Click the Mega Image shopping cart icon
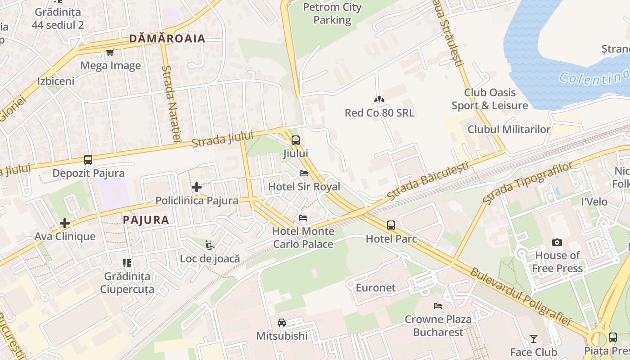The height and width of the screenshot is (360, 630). pos(110,53)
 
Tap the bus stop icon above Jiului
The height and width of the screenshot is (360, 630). pos(295,140)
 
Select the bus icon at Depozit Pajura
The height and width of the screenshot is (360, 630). pos(88,160)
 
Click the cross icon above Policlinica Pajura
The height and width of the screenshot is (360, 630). pos(196,187)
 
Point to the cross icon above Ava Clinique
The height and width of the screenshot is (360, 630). pos(65,223)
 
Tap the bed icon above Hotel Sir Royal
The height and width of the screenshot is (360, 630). pos(304,173)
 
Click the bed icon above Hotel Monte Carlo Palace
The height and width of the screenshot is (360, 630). pos(303,218)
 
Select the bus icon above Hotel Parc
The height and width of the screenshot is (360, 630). pos(391,225)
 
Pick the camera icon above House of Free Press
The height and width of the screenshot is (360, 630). pos(557,243)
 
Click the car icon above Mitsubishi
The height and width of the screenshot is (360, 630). pos(282,323)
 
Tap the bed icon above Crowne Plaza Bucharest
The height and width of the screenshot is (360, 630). pos(437,306)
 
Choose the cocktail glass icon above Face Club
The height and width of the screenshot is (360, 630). pos(534,338)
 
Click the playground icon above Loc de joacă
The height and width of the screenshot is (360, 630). pos(210,246)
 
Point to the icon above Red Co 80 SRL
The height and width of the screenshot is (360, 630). pos(379,99)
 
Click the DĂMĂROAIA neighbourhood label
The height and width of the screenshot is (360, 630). pos(167,39)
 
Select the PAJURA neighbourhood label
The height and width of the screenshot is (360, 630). pos(146,220)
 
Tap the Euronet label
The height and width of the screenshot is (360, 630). pos(376,288)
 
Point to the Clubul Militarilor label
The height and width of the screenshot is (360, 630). pos(509,130)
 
